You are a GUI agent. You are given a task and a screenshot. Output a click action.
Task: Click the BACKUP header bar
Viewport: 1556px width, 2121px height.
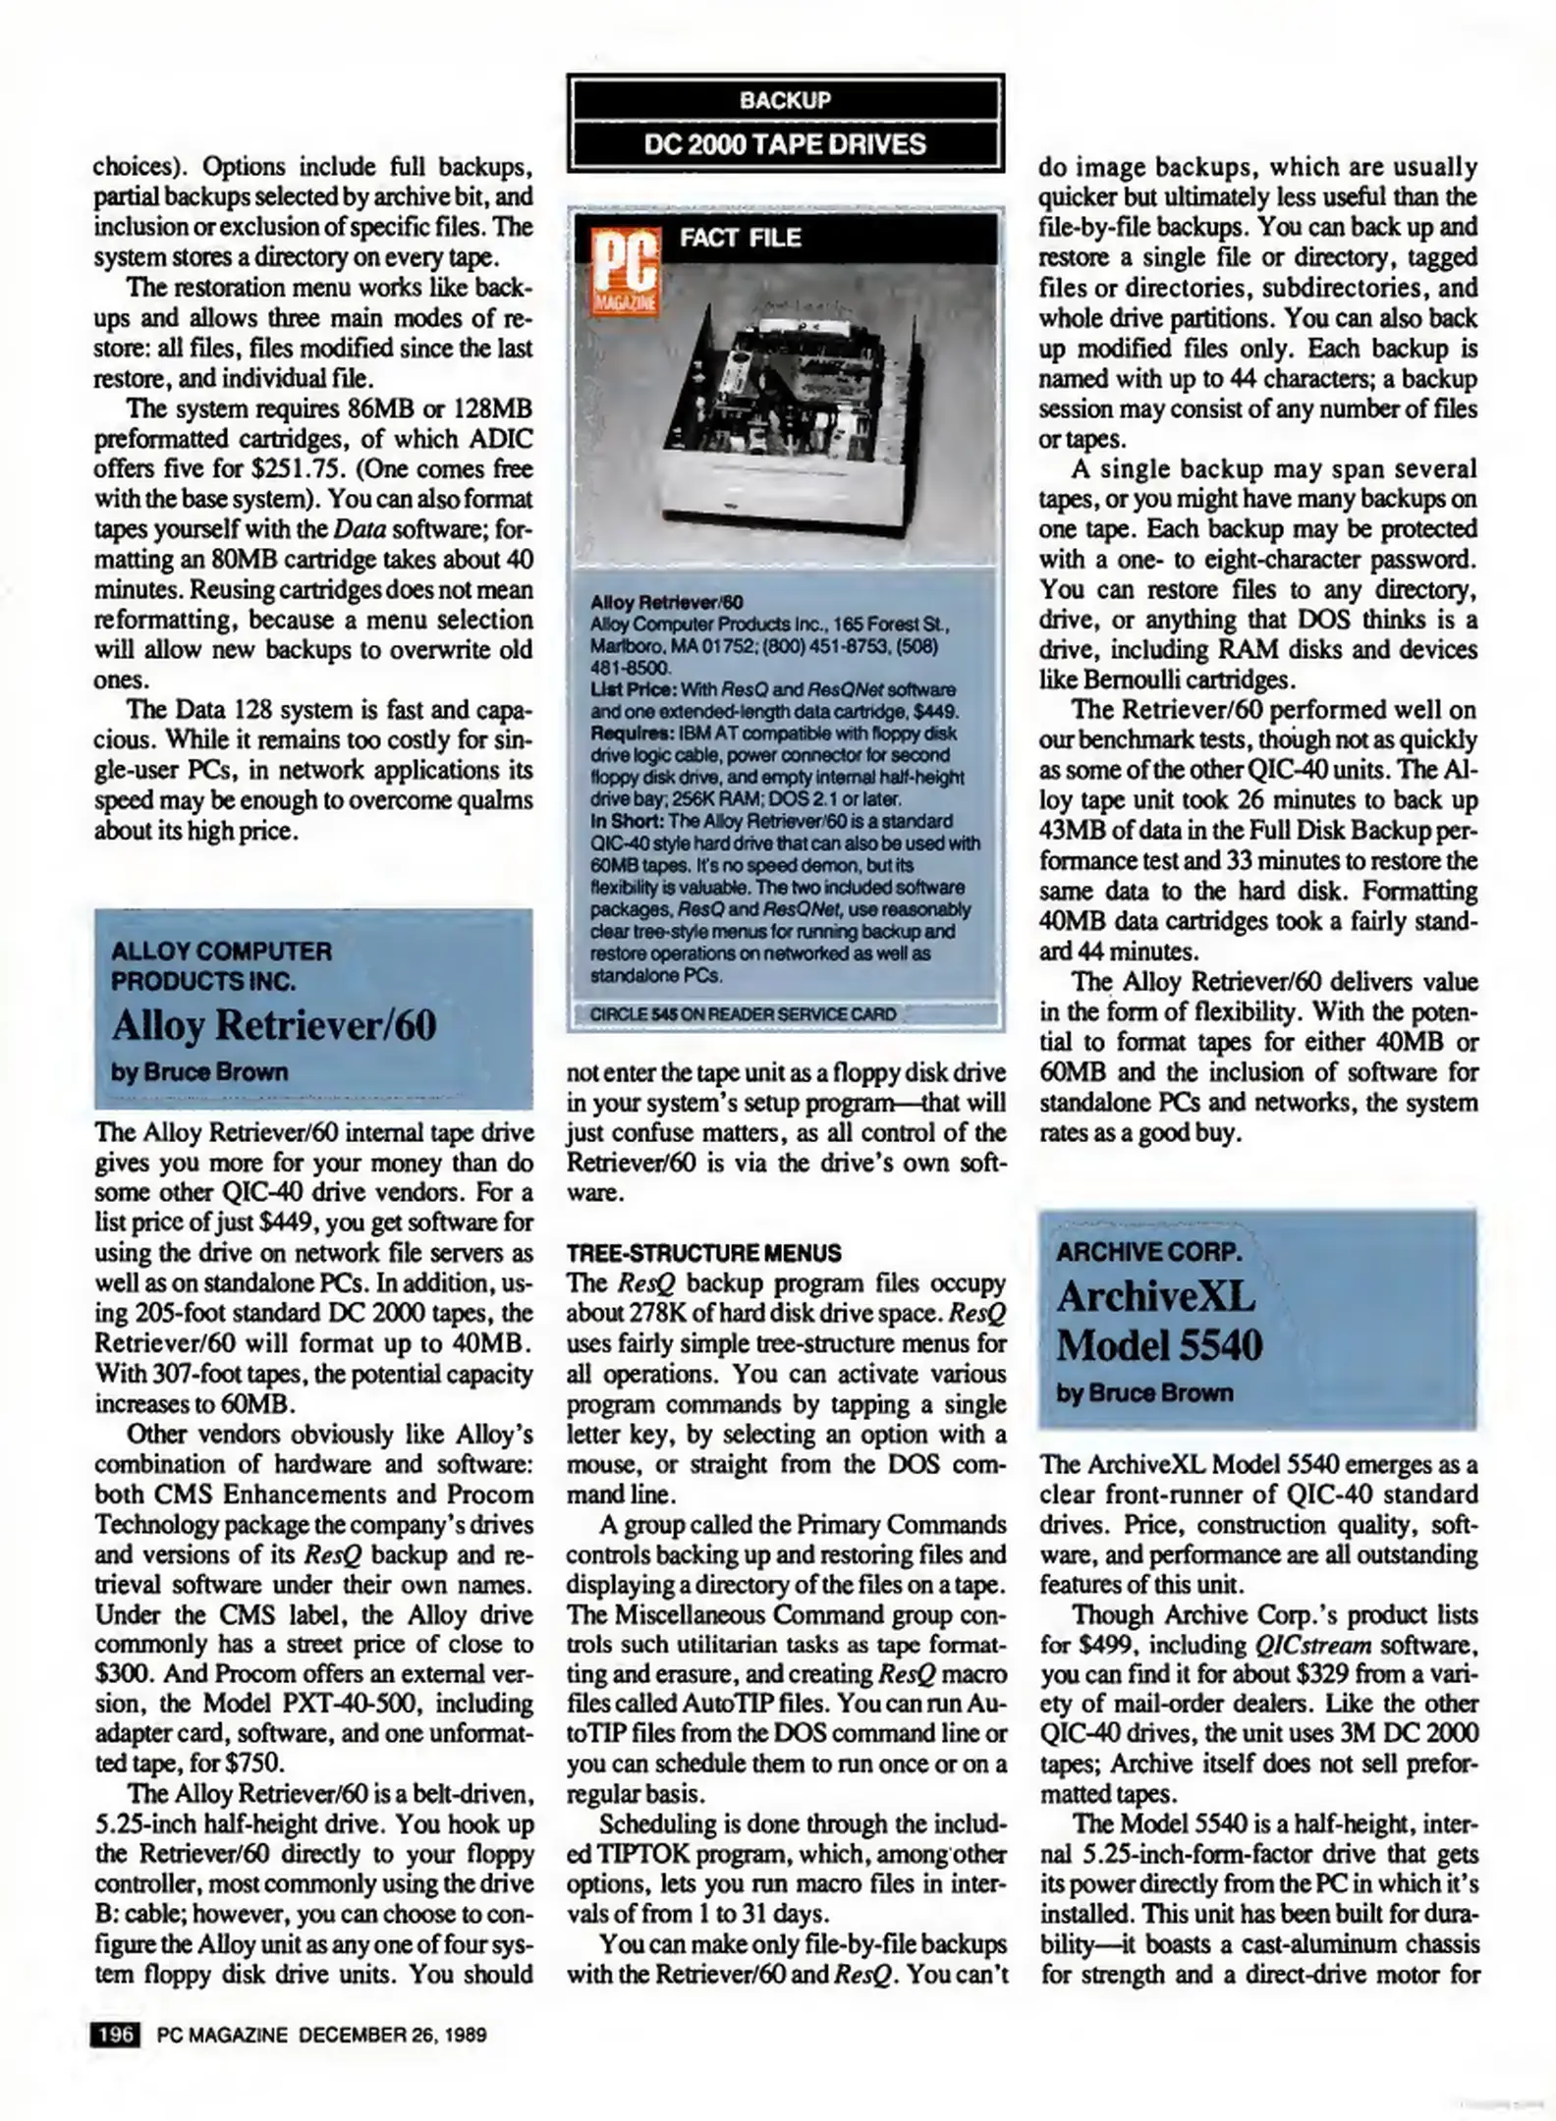click(784, 100)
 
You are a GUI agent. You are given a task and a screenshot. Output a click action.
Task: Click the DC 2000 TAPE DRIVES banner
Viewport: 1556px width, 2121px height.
click(784, 144)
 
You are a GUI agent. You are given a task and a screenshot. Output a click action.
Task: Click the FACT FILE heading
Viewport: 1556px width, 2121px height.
click(740, 238)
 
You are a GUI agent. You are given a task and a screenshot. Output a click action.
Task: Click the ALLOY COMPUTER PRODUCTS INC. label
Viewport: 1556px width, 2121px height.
click(221, 965)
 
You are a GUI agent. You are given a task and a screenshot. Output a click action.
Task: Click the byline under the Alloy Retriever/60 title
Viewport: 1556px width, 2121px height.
click(199, 1071)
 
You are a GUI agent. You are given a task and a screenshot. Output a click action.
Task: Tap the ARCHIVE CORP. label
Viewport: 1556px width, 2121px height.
click(1149, 1252)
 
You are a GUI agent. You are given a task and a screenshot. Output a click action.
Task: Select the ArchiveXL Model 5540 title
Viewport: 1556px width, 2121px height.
click(1159, 1321)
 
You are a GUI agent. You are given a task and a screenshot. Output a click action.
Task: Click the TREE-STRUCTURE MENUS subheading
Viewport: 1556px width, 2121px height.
click(703, 1253)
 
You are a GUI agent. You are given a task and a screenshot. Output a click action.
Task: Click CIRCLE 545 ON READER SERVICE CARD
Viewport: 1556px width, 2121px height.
click(743, 1013)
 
